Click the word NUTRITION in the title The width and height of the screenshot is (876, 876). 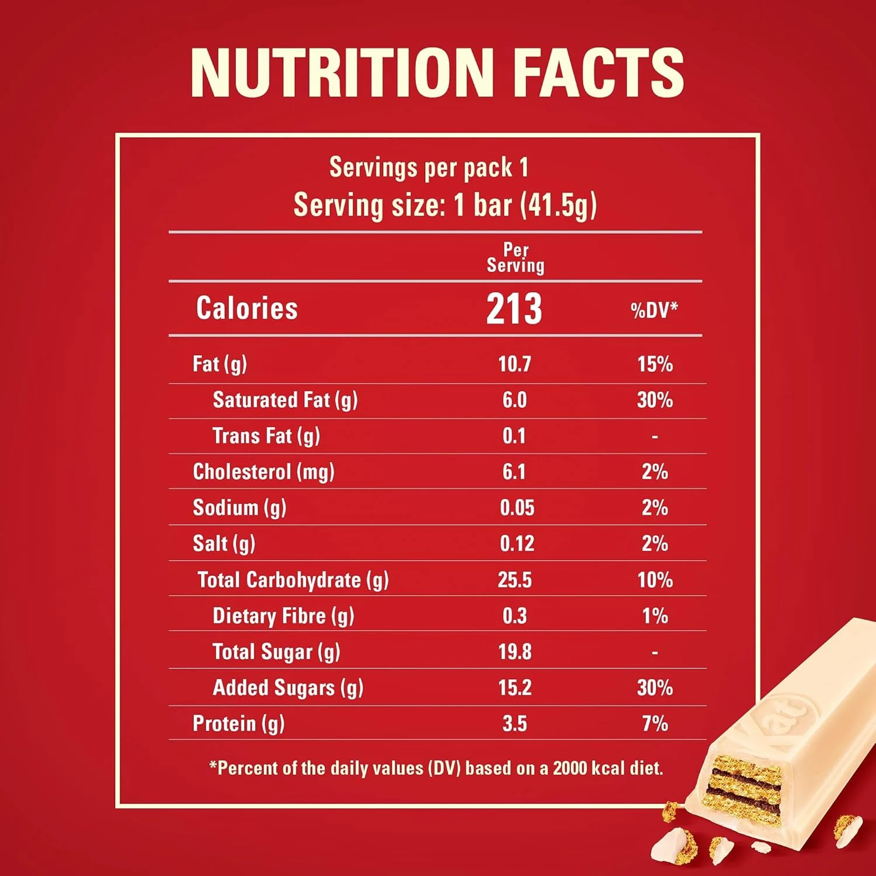point(342,72)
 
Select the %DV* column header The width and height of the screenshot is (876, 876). point(654,310)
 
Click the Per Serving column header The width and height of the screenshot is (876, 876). point(516,258)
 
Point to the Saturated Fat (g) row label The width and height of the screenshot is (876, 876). point(285,400)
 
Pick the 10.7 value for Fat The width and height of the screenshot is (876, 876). point(514,364)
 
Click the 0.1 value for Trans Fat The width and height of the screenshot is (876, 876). point(514,436)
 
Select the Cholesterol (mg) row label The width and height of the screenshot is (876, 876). point(263,472)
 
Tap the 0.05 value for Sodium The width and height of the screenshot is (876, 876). point(517,508)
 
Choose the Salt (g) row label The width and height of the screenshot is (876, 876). point(224,544)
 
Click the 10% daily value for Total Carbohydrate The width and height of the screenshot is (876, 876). point(655,580)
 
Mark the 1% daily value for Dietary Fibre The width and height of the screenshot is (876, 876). point(655,616)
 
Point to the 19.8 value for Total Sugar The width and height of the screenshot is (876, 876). point(515,652)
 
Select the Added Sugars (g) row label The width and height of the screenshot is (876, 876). point(288,688)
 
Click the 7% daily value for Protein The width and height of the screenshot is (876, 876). point(655,724)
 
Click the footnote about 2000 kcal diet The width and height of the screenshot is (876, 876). point(436,768)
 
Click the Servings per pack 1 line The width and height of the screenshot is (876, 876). point(429,168)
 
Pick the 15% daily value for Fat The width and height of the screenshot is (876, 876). point(655,364)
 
